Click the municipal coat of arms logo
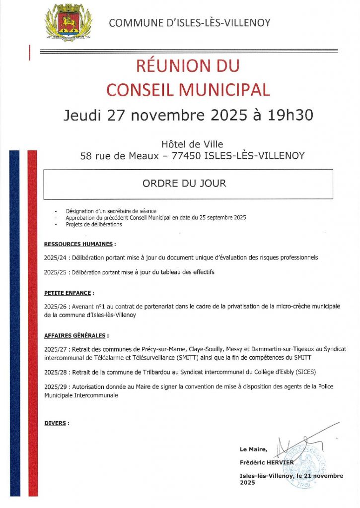69,22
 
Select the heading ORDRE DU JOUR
184,183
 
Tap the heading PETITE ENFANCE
68,293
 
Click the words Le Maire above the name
253,449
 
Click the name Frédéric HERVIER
266,462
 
